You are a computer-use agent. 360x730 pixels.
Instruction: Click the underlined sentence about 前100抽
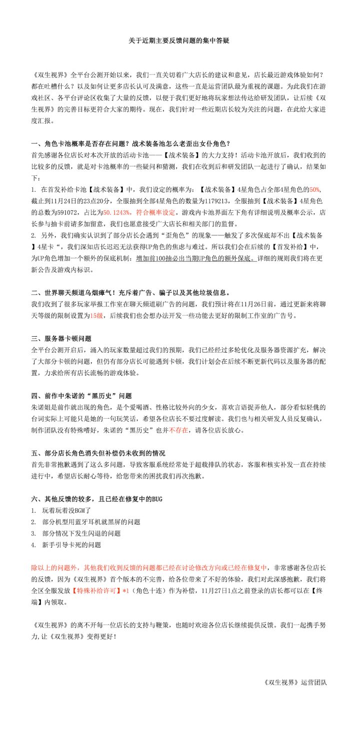pos(195,259)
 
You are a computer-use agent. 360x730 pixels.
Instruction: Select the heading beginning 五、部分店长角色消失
pos(98,453)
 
